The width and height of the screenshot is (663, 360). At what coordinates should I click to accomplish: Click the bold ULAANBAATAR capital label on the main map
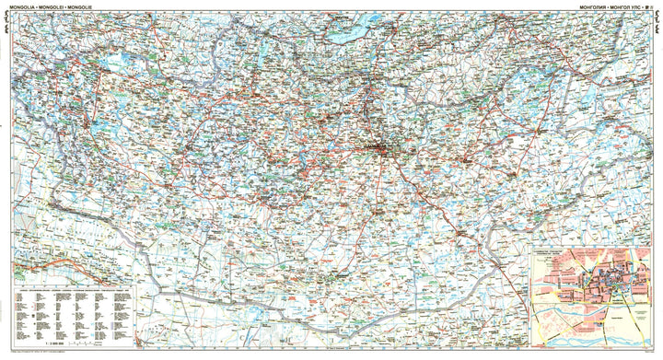tap(376, 146)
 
